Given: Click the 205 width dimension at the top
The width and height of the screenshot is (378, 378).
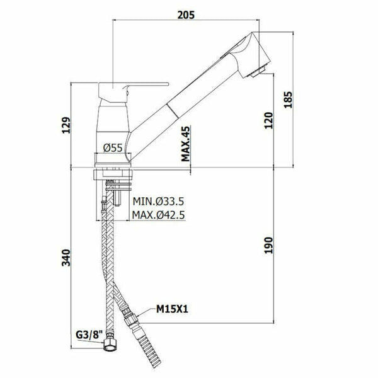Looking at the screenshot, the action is tap(186, 15).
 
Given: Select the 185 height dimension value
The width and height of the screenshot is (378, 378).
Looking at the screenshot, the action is tap(288, 100).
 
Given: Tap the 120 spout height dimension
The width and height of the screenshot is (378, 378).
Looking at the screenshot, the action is tap(269, 120).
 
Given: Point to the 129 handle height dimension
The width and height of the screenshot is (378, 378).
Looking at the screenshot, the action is tap(66, 125).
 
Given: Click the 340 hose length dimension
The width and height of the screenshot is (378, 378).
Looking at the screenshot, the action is tap(66, 258).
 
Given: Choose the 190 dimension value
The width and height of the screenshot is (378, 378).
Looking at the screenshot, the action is tap(269, 245).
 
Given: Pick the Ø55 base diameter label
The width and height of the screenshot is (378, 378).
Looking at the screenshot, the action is tap(113, 147).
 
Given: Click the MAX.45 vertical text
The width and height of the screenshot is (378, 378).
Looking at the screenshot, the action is tap(186, 144).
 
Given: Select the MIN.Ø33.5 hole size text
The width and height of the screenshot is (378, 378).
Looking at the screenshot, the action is tap(158, 201).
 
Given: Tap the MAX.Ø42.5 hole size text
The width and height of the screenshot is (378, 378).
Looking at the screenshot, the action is tap(158, 215).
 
